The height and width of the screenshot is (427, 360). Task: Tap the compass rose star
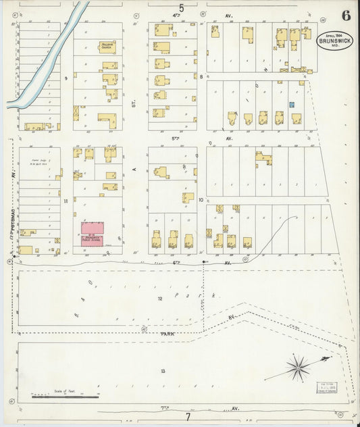click(x=297, y=368)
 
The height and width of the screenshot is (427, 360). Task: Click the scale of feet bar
click(x=65, y=396)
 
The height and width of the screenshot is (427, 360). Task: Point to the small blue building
click(x=292, y=105)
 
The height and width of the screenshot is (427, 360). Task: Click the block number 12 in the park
click(x=160, y=298)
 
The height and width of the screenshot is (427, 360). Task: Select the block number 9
click(x=66, y=78)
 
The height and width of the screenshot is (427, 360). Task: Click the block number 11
click(x=66, y=201)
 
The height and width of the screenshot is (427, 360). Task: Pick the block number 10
click(x=201, y=200)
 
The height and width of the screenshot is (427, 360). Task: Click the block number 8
click(x=201, y=77)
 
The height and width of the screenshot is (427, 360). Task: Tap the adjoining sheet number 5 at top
click(x=180, y=9)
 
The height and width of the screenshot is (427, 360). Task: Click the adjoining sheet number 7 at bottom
click(x=188, y=417)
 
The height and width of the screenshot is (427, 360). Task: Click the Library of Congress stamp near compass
click(x=327, y=388)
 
